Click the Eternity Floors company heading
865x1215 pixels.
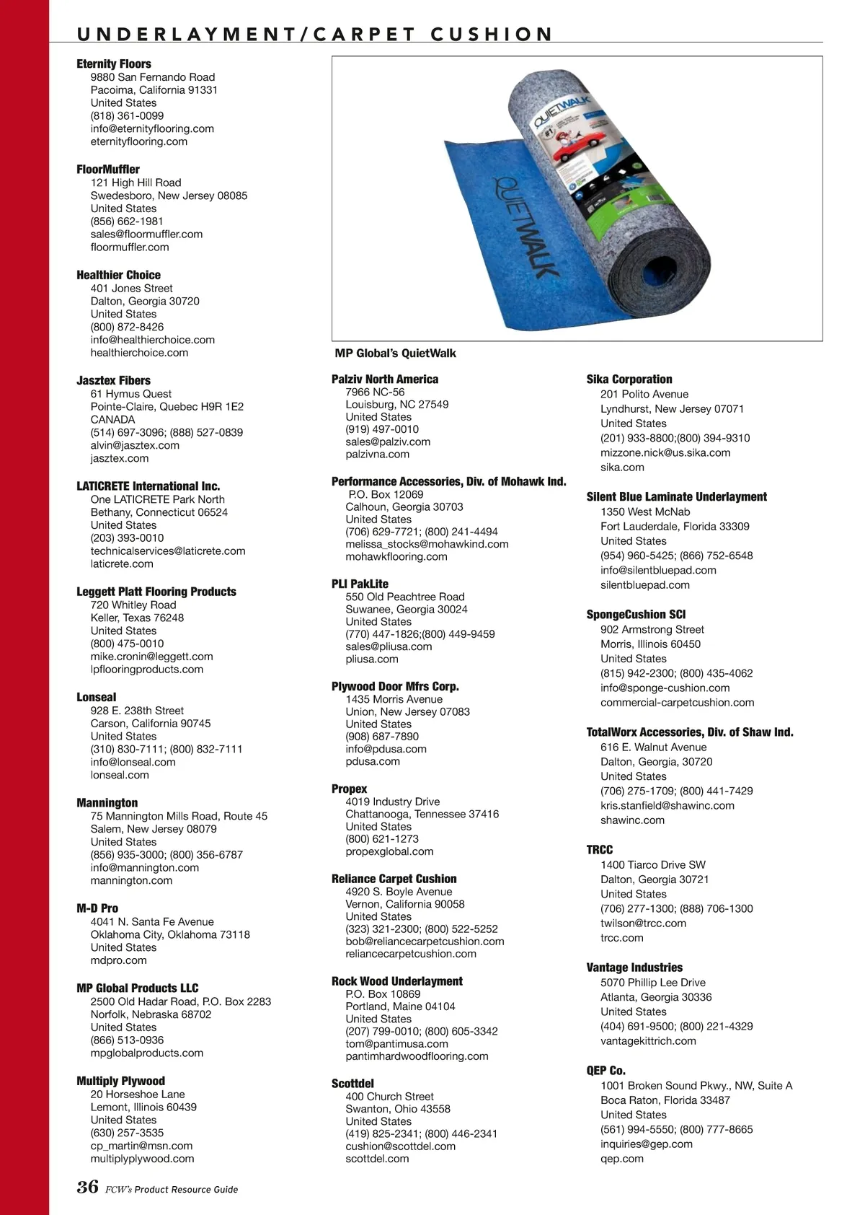pos(114,64)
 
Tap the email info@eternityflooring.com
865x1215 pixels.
pos(152,128)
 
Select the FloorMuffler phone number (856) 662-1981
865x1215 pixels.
pos(127,221)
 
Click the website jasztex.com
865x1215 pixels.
pos(120,458)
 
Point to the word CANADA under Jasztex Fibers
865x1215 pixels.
pos(112,419)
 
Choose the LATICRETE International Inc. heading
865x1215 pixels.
pos(148,486)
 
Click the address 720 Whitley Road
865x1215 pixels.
pos(133,605)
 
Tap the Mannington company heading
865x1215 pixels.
pos(107,803)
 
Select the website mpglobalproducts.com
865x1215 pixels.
pos(147,1053)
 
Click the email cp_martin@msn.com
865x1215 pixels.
pos(141,1146)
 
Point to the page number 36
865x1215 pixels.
pos(87,1187)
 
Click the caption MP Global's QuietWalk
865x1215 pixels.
pos(396,354)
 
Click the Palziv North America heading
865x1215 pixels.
pos(385,380)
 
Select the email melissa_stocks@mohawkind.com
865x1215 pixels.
pos(427,544)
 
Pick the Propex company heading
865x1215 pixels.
pos(350,789)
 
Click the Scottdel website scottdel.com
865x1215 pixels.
pos(377,1159)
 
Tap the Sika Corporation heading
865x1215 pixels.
pos(629,380)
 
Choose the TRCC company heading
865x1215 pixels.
pos(600,850)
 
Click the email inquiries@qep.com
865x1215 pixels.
pos(647,1144)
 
